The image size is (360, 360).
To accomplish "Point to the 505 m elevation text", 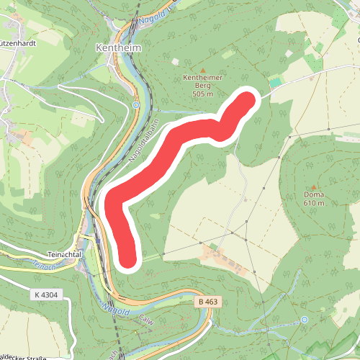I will coord(203,94).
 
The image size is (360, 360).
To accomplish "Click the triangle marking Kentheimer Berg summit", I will coord(202,69).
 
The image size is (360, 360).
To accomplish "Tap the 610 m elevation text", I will coord(313,204).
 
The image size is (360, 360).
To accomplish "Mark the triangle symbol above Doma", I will coord(313,187).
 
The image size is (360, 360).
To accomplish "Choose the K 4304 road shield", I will coord(45,294).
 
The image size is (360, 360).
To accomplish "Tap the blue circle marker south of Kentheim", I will coord(135,105).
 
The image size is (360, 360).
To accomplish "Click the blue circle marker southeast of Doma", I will coord(305,318).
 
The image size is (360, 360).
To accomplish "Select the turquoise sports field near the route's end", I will coord(274,83).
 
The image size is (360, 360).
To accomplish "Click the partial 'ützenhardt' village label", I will coord(19,42).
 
